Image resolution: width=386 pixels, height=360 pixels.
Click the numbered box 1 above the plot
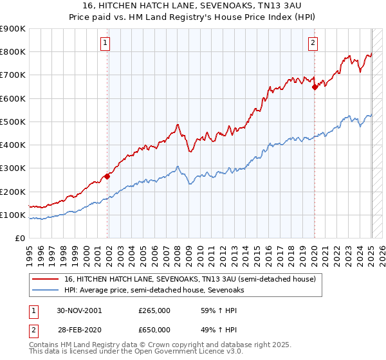[104, 44]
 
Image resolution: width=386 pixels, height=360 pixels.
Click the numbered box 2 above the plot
[312, 44]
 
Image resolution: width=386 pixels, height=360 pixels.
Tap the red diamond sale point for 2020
[315, 87]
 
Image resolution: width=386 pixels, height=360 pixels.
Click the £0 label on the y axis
[19, 238]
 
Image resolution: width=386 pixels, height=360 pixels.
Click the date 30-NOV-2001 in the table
[79, 310]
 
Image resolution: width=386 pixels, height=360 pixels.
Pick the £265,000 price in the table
[154, 310]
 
